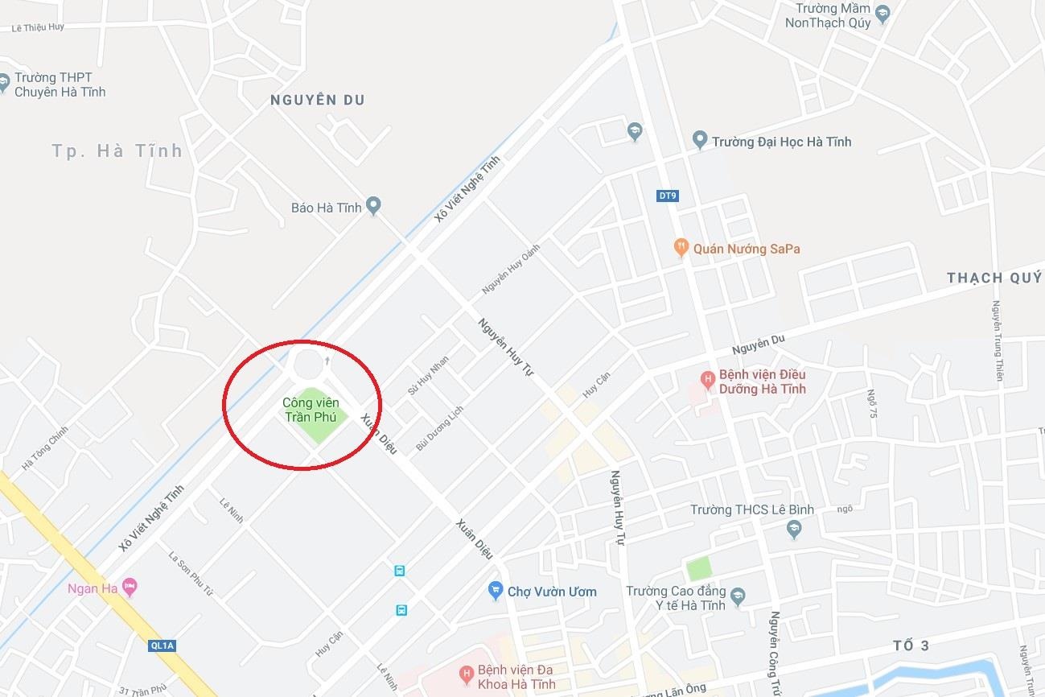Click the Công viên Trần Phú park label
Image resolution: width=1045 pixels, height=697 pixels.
(311, 410)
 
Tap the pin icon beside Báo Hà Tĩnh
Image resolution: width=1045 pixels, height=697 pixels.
(373, 206)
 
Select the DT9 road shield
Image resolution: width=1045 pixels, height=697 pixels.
(666, 196)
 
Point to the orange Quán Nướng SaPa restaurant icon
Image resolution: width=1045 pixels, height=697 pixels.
(681, 248)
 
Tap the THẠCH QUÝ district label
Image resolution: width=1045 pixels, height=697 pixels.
(994, 278)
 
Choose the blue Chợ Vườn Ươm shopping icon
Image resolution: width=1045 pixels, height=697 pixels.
(496, 591)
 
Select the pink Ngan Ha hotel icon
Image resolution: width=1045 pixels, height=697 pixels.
(130, 588)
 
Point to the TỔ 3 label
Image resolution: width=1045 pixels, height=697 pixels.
(911, 645)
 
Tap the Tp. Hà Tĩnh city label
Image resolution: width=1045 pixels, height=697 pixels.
(117, 151)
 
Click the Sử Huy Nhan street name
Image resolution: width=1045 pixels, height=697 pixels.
(428, 375)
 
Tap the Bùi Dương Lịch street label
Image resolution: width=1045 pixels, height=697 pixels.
(440, 428)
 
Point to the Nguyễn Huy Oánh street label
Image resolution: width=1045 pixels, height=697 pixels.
(511, 268)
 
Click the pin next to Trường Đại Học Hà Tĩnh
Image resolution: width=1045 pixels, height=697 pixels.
(700, 141)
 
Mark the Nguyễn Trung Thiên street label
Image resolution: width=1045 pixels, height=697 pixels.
(998, 340)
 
